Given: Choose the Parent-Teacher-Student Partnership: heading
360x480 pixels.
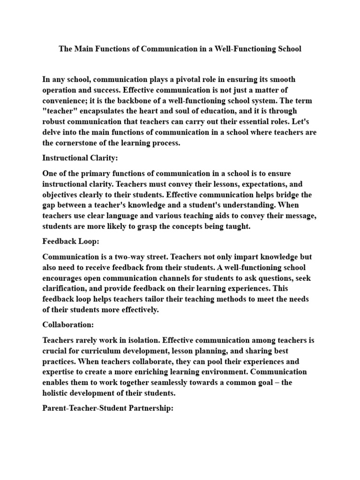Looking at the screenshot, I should tap(108, 408).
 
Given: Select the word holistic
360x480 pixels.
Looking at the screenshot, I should tap(58, 393).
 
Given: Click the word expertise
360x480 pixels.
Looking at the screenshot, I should tap(60, 372).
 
